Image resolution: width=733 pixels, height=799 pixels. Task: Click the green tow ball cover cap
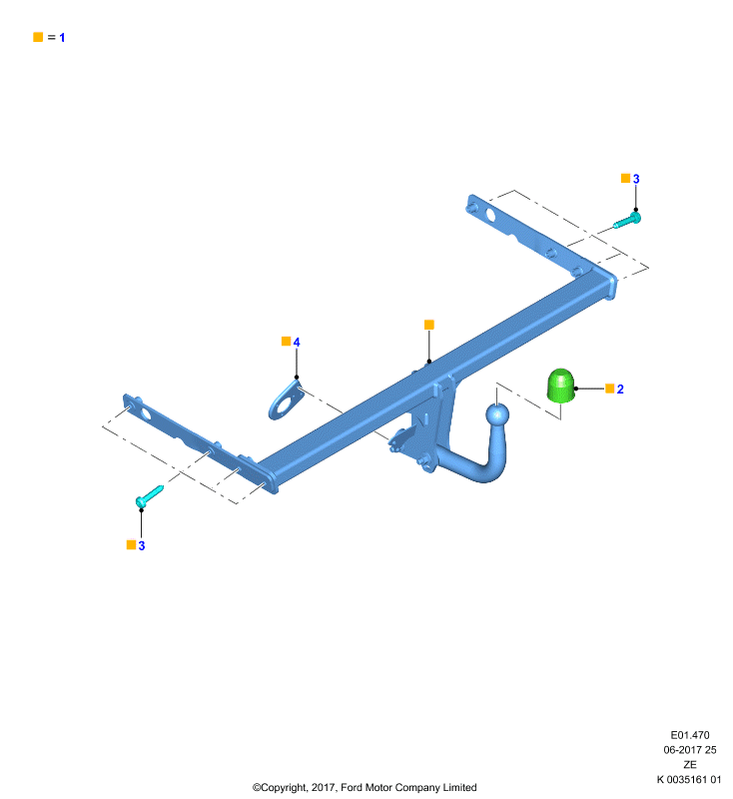(x=561, y=386)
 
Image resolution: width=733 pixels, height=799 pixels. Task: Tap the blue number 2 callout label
(x=620, y=389)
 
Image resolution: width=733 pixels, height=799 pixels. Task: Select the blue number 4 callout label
(x=297, y=342)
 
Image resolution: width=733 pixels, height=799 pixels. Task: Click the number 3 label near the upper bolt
(x=636, y=179)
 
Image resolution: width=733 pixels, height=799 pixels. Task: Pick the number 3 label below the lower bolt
(x=142, y=545)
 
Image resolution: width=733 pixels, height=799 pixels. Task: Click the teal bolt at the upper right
(x=627, y=221)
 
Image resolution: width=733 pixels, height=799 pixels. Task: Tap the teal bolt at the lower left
(x=149, y=496)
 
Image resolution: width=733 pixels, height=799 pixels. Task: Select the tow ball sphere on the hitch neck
(x=496, y=414)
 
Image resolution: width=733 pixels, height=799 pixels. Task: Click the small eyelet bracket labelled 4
(x=286, y=400)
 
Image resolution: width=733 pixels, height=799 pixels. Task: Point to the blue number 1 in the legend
(x=62, y=38)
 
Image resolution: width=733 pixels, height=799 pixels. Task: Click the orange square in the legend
(x=38, y=37)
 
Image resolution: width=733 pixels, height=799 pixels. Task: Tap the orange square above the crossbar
(x=428, y=325)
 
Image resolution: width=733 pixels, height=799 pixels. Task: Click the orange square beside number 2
(x=610, y=389)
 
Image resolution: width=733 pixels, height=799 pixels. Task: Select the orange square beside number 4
(x=287, y=341)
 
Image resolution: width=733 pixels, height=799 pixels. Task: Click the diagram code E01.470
(x=690, y=735)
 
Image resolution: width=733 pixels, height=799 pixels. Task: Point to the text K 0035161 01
(x=689, y=779)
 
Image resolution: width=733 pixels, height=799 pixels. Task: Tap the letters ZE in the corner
(x=690, y=764)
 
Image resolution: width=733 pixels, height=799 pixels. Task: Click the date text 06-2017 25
(x=690, y=750)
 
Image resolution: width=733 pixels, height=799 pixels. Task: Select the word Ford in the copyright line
(x=352, y=787)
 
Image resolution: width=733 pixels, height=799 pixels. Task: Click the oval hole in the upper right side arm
(x=490, y=215)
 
